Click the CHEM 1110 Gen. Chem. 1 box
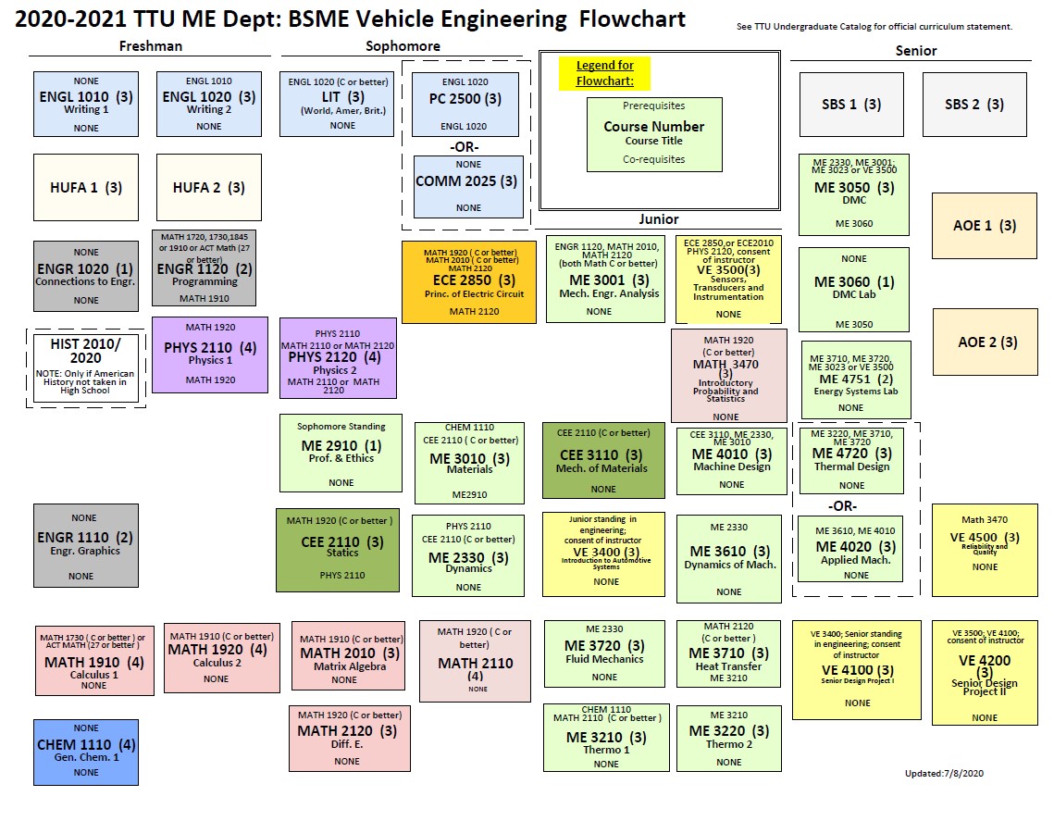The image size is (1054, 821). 86,751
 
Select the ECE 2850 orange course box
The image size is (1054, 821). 468,281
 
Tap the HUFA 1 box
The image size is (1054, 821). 86,187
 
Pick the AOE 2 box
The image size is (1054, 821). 985,342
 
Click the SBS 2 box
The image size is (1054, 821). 974,104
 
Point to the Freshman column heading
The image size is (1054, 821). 151,46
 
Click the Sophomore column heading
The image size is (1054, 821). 403,46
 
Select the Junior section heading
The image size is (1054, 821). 658,219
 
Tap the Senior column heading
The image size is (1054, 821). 916,51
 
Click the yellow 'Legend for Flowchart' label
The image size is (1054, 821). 605,72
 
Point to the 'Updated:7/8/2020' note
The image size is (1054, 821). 943,774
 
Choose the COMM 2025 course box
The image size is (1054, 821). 466,186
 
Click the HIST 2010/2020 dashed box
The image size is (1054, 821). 86,367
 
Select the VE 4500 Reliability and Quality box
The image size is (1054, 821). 985,541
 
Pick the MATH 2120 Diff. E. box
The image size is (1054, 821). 349,738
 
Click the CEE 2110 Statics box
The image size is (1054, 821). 337,549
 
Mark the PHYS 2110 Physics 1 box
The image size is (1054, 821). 210,355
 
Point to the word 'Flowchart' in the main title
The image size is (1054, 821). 629,19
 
